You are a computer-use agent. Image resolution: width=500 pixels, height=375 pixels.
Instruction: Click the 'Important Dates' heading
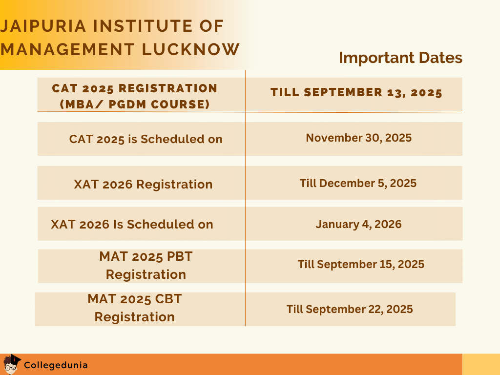click(400, 58)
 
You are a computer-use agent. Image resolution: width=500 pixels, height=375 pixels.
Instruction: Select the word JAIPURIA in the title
click(40, 26)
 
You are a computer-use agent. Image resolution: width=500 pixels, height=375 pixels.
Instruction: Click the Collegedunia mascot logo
click(12, 364)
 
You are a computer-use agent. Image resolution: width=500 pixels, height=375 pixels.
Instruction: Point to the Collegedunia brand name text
click(56, 365)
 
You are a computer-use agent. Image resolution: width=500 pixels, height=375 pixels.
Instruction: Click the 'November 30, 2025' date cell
click(358, 138)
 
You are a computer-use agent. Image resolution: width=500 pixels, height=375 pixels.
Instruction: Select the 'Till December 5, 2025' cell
click(358, 183)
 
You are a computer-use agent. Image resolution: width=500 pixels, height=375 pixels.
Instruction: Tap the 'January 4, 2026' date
click(358, 224)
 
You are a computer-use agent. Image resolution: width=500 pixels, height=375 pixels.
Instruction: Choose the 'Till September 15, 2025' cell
click(361, 264)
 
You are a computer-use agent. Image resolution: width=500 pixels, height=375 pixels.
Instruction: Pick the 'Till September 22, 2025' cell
click(350, 309)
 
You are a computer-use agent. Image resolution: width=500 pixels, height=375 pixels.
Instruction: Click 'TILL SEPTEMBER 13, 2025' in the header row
click(356, 93)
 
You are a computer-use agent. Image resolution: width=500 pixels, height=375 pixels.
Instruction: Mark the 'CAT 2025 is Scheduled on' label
click(146, 139)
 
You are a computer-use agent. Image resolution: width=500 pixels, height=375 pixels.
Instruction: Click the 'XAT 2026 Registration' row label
click(143, 184)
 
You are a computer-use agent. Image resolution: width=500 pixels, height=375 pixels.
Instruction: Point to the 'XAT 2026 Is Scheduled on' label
click(132, 225)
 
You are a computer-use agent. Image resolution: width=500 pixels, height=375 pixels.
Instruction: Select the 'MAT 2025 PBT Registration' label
click(146, 266)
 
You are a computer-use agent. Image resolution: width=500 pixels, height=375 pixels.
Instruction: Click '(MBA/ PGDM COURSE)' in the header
click(134, 104)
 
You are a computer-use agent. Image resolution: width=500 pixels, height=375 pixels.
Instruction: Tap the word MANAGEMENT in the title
click(67, 49)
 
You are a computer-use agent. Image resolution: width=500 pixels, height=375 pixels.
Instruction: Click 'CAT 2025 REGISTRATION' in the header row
click(135, 88)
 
